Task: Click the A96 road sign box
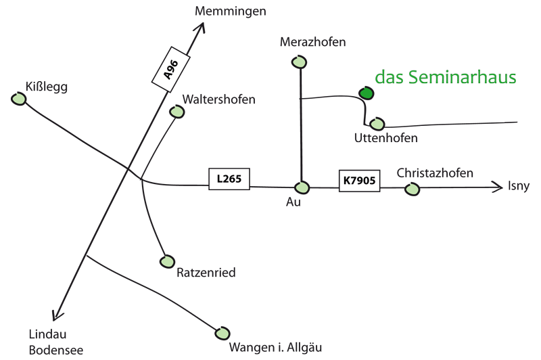click(171, 69)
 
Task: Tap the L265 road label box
click(229, 179)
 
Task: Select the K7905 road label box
click(359, 181)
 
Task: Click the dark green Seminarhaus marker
click(366, 93)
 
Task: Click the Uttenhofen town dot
click(377, 124)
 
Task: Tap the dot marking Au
click(302, 187)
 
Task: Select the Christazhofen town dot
click(412, 189)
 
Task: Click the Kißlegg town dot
click(19, 99)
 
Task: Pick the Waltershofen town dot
click(178, 112)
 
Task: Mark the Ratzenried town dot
click(167, 261)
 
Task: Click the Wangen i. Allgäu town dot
click(222, 333)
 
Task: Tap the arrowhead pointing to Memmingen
click(201, 25)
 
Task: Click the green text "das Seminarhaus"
click(446, 77)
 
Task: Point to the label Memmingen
click(231, 11)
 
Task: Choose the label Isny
click(519, 186)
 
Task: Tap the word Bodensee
click(56, 350)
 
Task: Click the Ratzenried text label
click(206, 273)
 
